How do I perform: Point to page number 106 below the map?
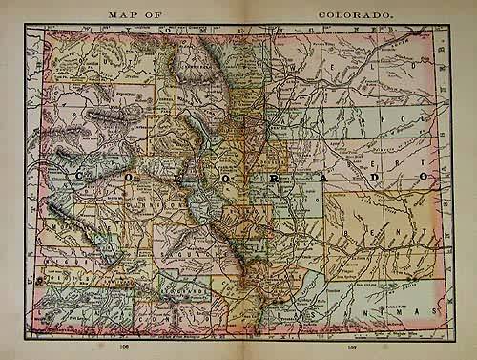[124, 348]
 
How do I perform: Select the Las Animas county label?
[373, 310]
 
